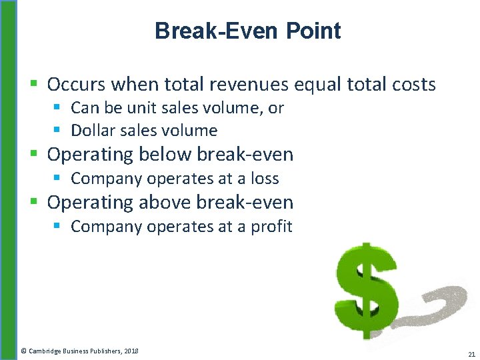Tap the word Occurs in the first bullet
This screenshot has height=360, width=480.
click(x=76, y=85)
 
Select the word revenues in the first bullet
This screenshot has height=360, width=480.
click(x=249, y=85)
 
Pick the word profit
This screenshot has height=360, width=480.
click(x=271, y=227)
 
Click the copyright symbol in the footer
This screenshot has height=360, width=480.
click(x=23, y=351)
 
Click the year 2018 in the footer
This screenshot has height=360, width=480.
click(x=131, y=351)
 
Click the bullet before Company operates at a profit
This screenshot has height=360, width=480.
click(x=57, y=227)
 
